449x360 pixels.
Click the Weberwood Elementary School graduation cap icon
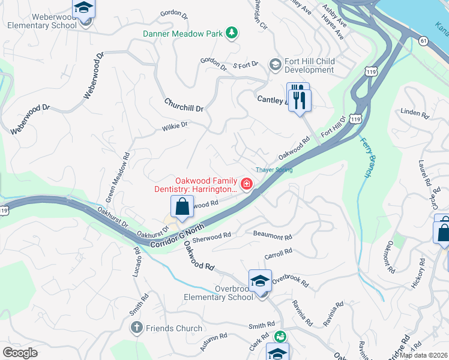point(84,8)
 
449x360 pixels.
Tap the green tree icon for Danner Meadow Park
point(231,34)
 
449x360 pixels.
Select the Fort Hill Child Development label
point(309,65)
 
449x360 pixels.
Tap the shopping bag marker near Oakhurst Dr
point(182,208)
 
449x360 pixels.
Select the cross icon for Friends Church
point(136,328)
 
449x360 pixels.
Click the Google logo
point(20,353)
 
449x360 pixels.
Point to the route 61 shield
point(424,40)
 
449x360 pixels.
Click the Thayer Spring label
point(274,170)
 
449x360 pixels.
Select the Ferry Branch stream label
point(366,158)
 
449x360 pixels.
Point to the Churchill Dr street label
point(184,105)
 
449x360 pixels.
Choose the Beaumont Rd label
point(273,235)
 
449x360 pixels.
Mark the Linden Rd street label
point(415,112)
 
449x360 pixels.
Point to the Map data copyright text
point(424,355)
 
